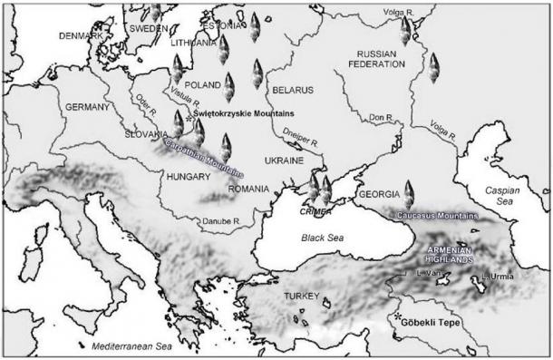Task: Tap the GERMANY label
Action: tap(88, 107)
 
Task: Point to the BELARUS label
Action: tap(293, 91)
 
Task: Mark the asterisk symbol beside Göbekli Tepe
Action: tap(397, 317)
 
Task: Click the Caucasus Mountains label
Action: tap(437, 216)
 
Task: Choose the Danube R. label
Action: tap(222, 220)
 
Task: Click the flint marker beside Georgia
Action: tap(409, 193)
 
